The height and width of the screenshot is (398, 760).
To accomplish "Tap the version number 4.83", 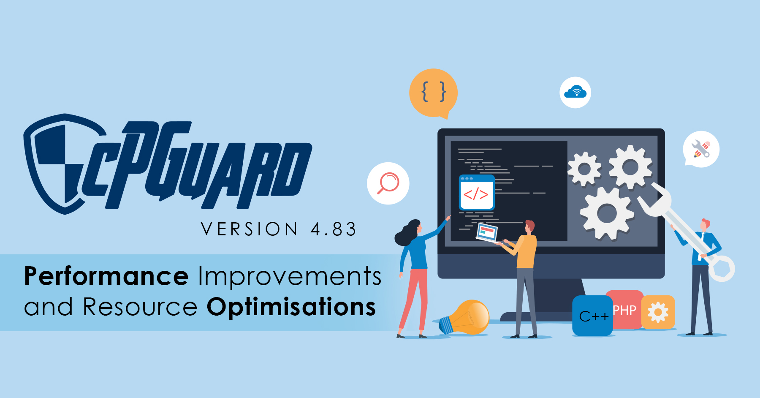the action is (334, 229).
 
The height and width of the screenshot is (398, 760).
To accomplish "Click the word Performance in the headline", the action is (106, 277).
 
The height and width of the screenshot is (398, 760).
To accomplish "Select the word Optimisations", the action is (291, 307).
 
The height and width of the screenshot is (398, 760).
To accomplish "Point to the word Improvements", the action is (290, 277).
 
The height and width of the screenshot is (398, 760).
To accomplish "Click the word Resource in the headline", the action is (140, 307).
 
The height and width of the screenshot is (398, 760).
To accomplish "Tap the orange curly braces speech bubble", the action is (433, 93).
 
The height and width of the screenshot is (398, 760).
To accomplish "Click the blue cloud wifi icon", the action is (575, 92).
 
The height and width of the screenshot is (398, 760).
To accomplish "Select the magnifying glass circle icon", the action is (388, 183).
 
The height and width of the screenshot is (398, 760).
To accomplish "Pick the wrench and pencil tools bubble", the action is (701, 149).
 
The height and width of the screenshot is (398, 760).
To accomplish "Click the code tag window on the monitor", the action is (477, 192).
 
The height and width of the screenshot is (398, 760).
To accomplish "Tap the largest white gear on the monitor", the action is (607, 213).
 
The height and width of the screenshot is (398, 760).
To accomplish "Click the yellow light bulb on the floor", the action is (464, 317).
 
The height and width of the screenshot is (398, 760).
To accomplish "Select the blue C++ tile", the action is (593, 316).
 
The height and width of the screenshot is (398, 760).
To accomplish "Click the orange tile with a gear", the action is (658, 312).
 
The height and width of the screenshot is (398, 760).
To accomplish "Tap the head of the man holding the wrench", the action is (704, 225).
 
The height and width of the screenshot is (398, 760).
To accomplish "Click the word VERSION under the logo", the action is (250, 229).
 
